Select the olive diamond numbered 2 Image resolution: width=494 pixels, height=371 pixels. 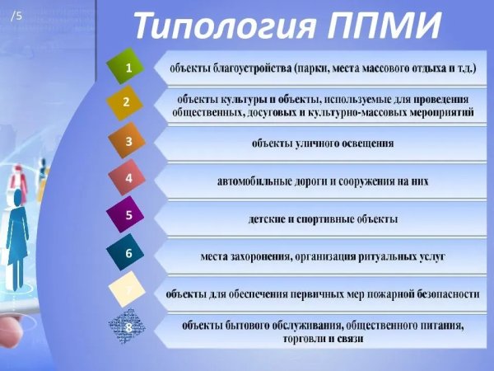[126, 103]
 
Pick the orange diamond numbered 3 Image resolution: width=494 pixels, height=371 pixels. [128, 142]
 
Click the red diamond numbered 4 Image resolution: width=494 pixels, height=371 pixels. [128, 178]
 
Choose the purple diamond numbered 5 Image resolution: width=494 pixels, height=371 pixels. [128, 215]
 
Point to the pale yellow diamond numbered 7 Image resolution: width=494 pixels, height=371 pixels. [128, 290]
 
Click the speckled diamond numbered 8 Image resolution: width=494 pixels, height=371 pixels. [128, 328]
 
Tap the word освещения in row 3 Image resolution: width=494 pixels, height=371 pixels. [357, 143]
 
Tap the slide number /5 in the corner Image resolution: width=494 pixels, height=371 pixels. [16, 15]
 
